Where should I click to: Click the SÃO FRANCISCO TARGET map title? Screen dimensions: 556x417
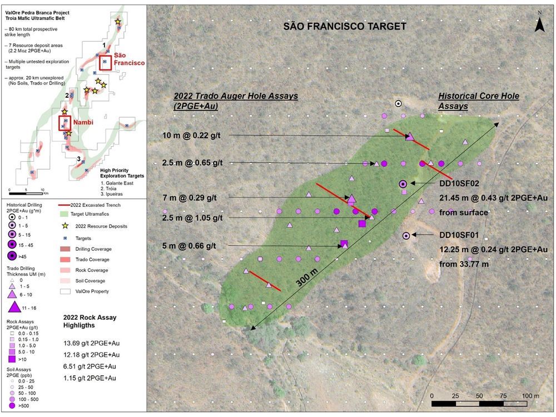point(345,26)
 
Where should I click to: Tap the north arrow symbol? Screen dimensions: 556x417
point(538,23)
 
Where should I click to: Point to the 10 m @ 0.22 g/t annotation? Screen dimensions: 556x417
point(192,136)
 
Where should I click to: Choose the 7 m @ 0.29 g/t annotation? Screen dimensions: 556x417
point(189,197)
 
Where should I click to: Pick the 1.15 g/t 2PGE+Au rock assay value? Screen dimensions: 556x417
point(90,378)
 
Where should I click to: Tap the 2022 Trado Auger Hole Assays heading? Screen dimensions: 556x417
point(235,101)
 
